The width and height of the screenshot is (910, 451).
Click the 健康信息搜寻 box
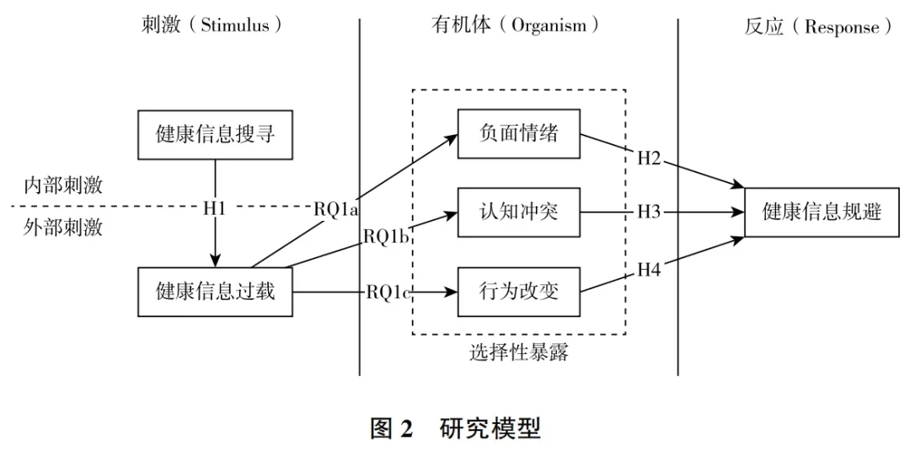click(x=215, y=135)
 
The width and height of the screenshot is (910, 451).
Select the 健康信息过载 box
click(x=215, y=293)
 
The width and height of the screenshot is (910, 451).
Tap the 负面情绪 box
click(x=519, y=133)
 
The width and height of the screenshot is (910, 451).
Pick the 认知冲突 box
click(x=519, y=212)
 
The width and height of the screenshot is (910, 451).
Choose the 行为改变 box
click(x=519, y=293)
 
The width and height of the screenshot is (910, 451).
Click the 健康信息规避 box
click(x=822, y=212)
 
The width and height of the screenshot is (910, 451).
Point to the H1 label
click(x=215, y=207)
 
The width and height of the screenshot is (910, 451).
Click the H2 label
click(x=649, y=157)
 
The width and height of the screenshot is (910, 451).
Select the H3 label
click(x=649, y=212)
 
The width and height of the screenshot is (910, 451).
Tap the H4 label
click(x=649, y=269)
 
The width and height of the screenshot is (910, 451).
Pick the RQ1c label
click(x=389, y=293)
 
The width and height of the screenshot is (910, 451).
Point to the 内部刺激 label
click(x=63, y=185)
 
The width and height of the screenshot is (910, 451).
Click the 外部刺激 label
click(x=63, y=228)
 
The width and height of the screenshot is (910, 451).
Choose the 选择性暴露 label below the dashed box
click(x=519, y=352)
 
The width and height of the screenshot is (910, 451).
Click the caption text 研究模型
click(x=490, y=428)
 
